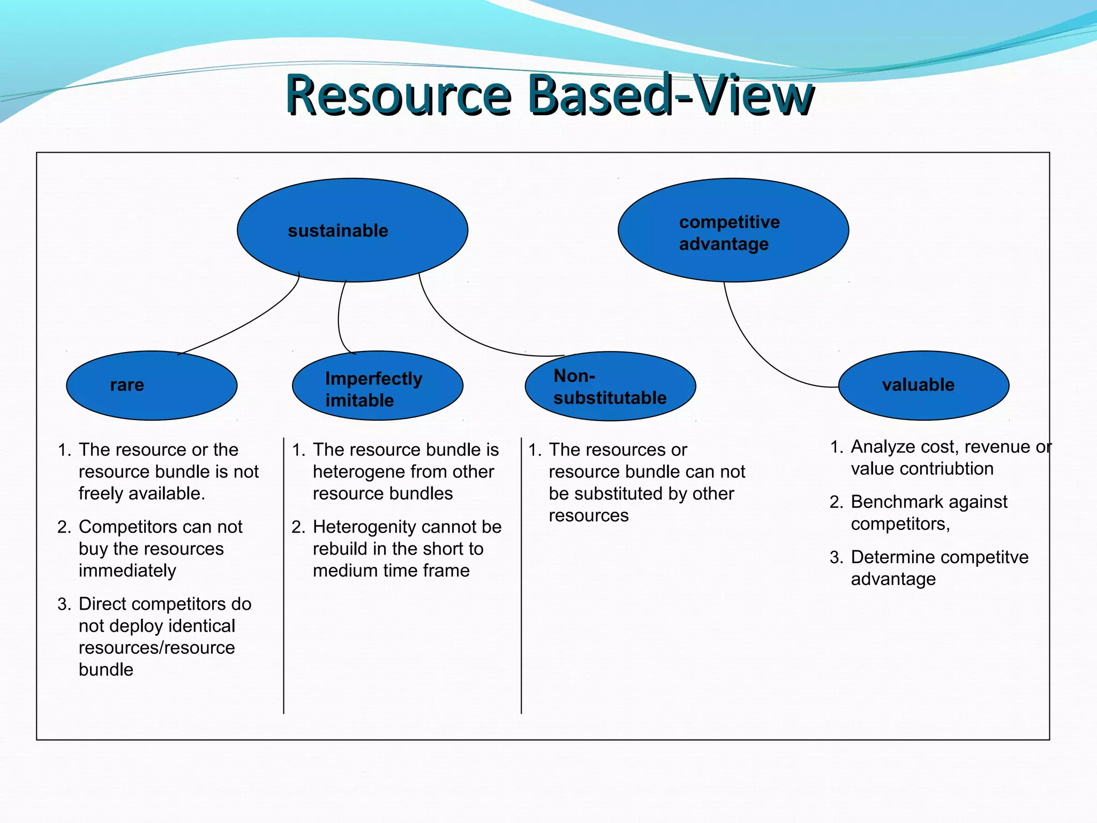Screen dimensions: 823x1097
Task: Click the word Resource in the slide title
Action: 399,95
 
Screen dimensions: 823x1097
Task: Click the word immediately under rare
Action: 127,571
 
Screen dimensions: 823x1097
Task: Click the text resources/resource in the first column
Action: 156,648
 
